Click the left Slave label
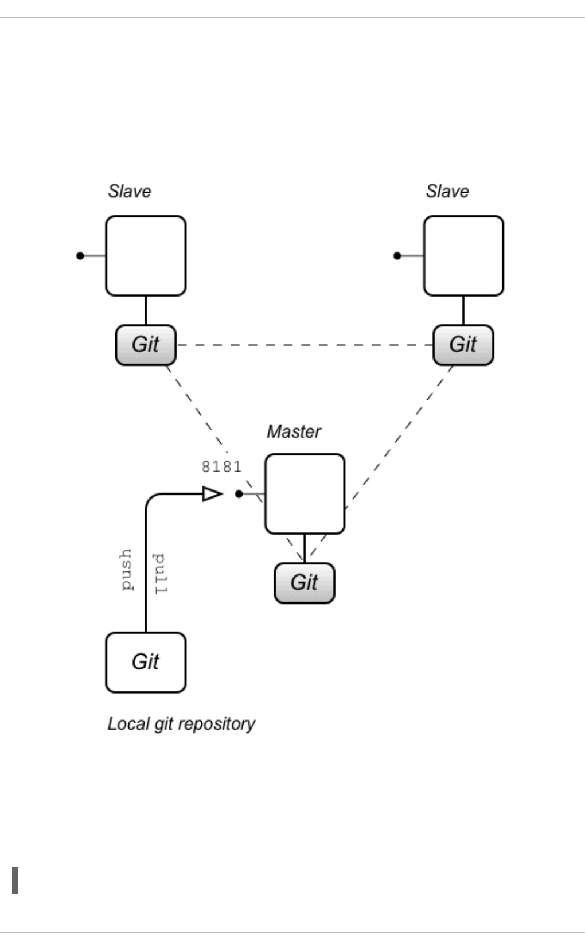coord(130,191)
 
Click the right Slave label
coord(447,191)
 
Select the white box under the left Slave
coord(146,256)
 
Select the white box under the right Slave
coord(463,256)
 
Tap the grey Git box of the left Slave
coord(146,345)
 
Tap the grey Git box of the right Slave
coord(463,345)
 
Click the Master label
coord(294,431)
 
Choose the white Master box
coord(305,494)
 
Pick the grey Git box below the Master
coord(305,583)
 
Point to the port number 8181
coord(221,467)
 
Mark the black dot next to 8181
coord(239,494)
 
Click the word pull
coord(160,573)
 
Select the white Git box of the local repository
coord(146,662)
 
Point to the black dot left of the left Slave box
coord(80,256)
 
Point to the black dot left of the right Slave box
coord(397,256)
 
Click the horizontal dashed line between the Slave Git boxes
coord(304,345)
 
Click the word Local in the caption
coord(122,723)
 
